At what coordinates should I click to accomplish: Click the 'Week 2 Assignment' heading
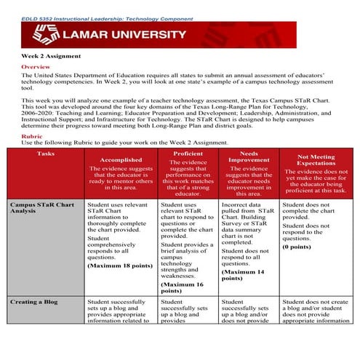pyautogui.click(x=51, y=56)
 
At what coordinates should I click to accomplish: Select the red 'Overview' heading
pyautogui.click(x=36, y=66)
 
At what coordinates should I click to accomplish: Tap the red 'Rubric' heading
pyautogui.click(x=32, y=135)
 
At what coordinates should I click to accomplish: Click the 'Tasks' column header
pyautogui.click(x=45, y=154)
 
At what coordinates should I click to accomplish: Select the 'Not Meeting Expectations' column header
pyautogui.click(x=316, y=160)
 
